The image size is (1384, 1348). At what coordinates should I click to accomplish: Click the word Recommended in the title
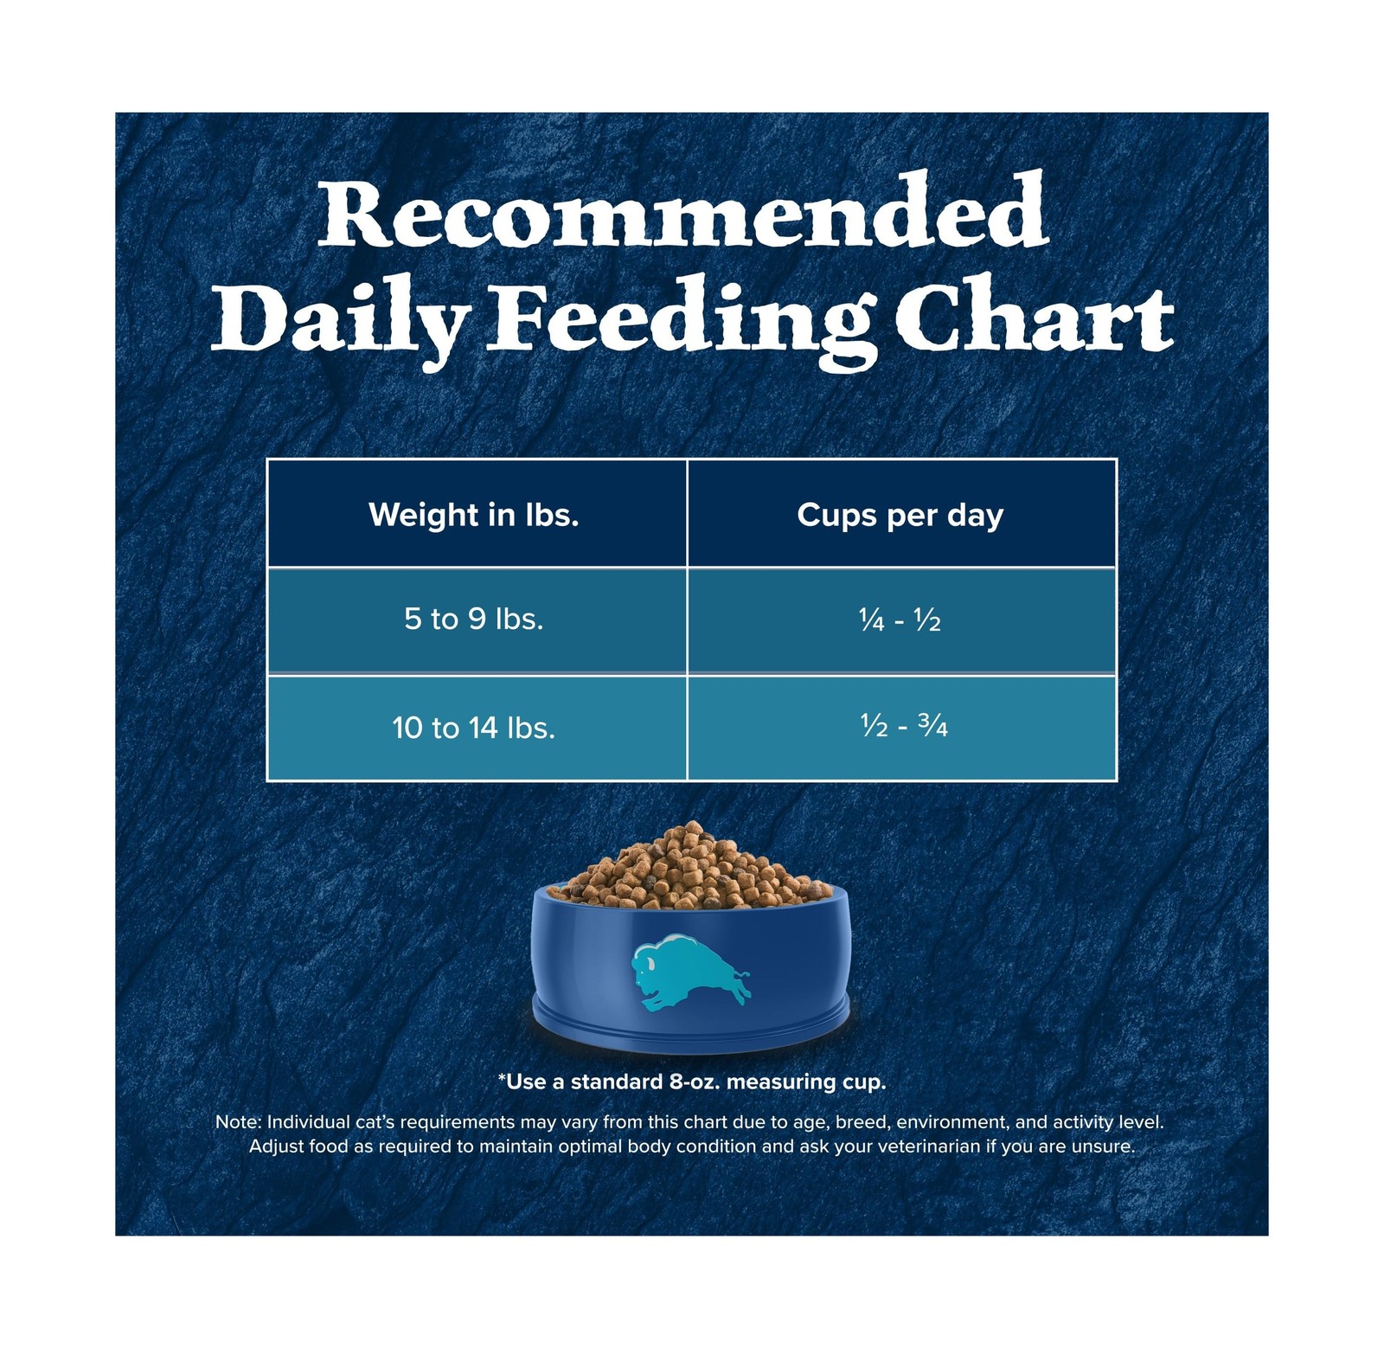click(683, 209)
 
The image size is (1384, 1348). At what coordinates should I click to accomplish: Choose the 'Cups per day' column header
click(900, 516)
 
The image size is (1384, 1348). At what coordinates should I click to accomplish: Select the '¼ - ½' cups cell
click(900, 620)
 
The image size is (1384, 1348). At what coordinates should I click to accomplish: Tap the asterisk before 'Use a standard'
click(502, 1077)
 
